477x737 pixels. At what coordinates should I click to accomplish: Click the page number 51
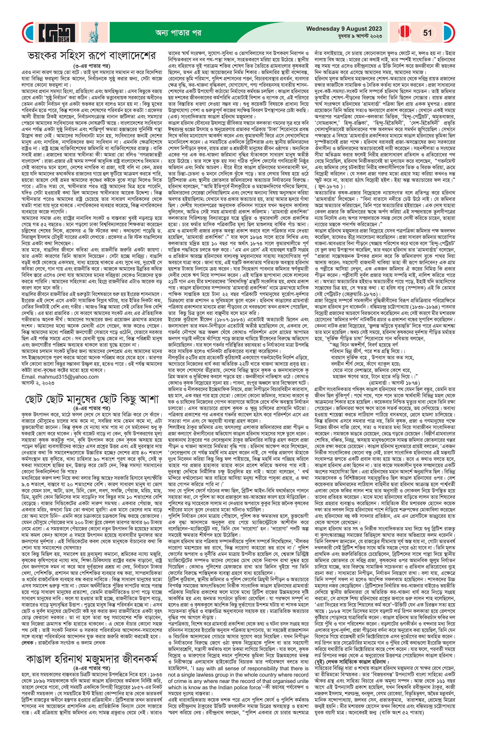pos(427,33)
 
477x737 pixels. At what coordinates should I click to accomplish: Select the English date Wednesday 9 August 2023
pos(344,29)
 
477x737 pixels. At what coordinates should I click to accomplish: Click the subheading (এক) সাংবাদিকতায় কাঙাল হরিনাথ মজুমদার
pos(214,117)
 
